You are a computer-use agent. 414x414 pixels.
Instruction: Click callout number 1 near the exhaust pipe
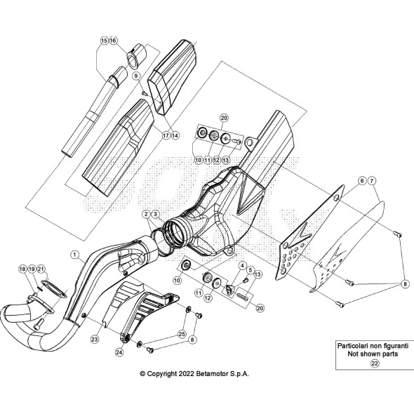tap(75, 251)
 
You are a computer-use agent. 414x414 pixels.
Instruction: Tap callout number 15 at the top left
tap(104, 41)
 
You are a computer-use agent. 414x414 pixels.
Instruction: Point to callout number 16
tap(113, 41)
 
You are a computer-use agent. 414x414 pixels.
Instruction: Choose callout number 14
tap(175, 135)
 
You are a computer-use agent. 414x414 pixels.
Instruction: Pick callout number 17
tap(166, 135)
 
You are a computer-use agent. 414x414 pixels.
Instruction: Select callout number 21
tap(41, 269)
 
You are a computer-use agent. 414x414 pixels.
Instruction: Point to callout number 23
tap(94, 339)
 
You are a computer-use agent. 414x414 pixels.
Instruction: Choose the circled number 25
tap(182, 335)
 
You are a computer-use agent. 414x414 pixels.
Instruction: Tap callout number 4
tap(241, 266)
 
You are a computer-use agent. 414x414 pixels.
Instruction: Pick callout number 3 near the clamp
tap(155, 213)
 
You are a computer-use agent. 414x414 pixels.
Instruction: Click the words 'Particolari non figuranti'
tap(373, 346)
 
